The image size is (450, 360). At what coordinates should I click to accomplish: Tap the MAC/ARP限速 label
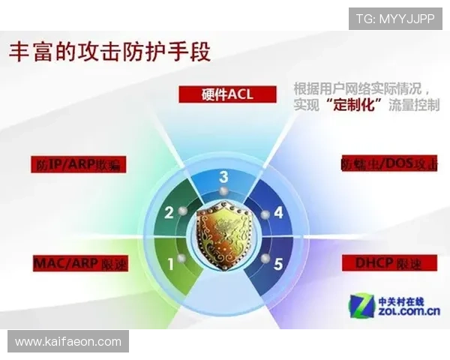pos(80,263)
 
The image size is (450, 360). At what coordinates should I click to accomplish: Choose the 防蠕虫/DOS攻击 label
pos(389,163)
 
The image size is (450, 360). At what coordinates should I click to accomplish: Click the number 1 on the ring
pos(171,263)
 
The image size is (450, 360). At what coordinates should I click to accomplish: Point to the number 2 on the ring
pos(169,212)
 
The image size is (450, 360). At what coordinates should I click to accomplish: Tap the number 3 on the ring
pos(223,177)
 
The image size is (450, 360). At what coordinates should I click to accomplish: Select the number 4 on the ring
pos(278,212)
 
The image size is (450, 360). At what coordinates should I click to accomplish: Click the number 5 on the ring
pos(278,263)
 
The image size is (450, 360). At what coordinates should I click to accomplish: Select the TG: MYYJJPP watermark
pos(395,18)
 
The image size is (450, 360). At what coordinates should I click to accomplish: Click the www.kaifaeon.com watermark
pos(68,342)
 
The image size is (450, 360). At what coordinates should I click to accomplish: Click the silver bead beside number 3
pos(223,194)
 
